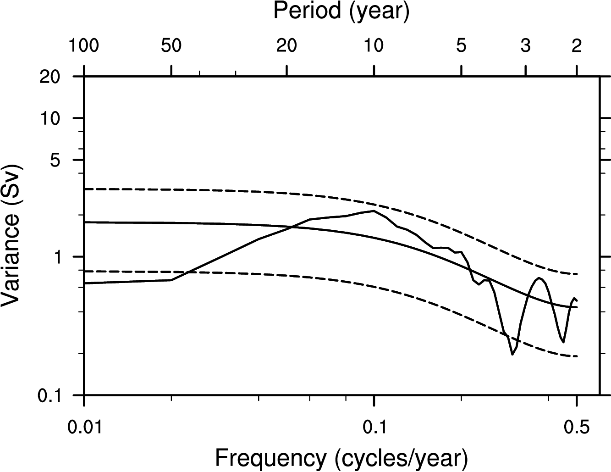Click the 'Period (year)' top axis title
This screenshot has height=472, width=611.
click(x=341, y=11)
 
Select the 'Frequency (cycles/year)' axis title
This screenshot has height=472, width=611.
click(x=341, y=457)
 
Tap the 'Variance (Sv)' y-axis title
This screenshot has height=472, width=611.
click(x=12, y=235)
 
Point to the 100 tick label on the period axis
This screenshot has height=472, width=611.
click(x=84, y=46)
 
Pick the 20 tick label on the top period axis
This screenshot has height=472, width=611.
click(x=286, y=46)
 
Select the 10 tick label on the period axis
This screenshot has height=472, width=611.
click(x=374, y=46)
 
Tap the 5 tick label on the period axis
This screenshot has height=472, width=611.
click(x=462, y=46)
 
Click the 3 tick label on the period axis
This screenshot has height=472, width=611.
click(x=526, y=46)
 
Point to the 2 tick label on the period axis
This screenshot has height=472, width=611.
click(x=577, y=46)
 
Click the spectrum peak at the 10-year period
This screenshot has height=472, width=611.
click(x=374, y=211)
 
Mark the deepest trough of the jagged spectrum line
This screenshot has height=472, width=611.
click(x=512, y=354)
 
